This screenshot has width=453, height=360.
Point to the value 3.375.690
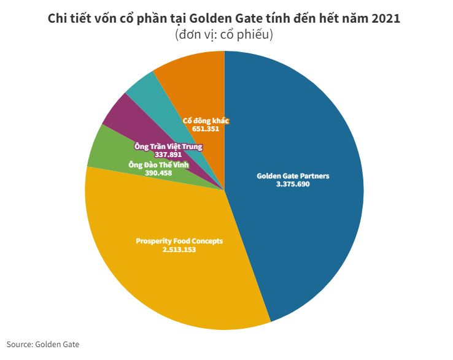293,184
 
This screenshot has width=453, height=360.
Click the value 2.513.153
179,250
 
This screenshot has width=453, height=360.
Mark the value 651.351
206,129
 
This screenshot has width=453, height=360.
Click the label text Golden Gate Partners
293,176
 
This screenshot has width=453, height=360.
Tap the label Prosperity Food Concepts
179,241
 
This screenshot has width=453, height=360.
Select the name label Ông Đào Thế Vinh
158,165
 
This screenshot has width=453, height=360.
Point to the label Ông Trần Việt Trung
168,147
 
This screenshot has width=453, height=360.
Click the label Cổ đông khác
206,121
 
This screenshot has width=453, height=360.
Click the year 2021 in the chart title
384,18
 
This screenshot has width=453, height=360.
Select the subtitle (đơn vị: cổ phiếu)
223,35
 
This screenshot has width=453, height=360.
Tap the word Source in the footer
19,345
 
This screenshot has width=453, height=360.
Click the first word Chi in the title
57,18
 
